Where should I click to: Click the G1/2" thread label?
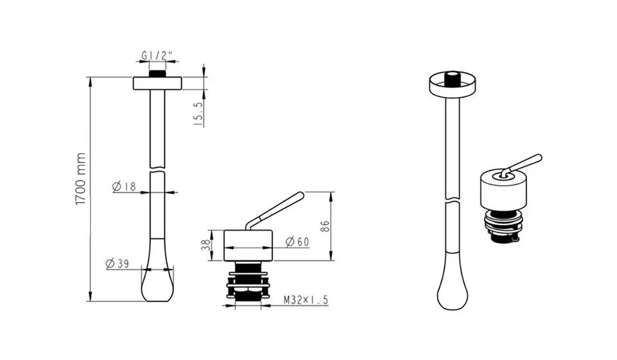pyautogui.click(x=157, y=57)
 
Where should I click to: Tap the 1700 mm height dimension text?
pyautogui.click(x=80, y=179)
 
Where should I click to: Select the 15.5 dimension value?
pyautogui.click(x=199, y=114)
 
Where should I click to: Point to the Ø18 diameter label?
pyautogui.click(x=124, y=186)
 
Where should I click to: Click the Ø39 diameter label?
pyautogui.click(x=117, y=264)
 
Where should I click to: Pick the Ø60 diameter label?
pyautogui.click(x=297, y=242)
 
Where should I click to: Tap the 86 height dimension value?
pyautogui.click(x=325, y=227)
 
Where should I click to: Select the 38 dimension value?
pyautogui.click(x=206, y=246)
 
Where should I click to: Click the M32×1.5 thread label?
pyautogui.click(x=306, y=300)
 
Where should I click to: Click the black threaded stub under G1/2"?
pyautogui.click(x=157, y=73)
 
